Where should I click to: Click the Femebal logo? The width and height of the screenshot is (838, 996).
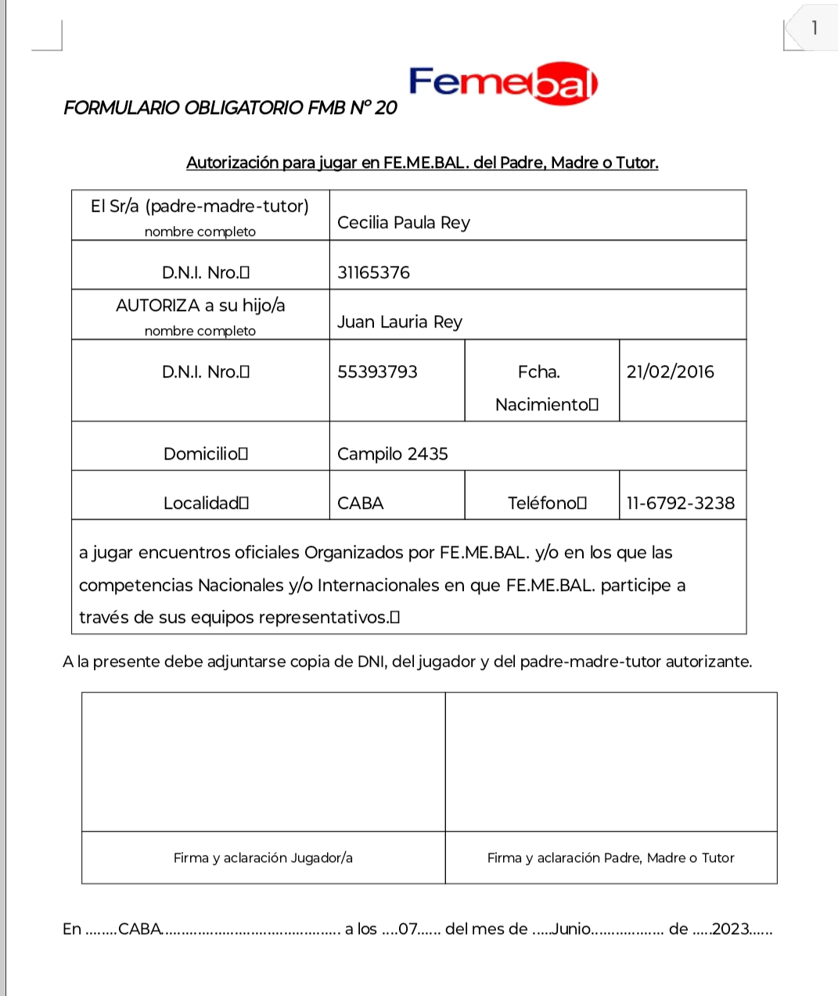(503, 82)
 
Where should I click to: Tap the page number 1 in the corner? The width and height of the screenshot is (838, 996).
(815, 28)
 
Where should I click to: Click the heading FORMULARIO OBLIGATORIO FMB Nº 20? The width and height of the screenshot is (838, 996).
(230, 108)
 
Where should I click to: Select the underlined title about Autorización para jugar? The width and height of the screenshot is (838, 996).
(422, 163)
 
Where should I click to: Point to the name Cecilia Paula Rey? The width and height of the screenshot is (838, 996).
(404, 223)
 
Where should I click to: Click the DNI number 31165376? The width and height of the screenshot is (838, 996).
(373, 273)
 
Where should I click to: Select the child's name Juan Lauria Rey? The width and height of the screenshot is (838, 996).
(400, 322)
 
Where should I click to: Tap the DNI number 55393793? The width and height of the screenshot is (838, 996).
(377, 372)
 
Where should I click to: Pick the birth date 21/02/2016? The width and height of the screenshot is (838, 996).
(670, 372)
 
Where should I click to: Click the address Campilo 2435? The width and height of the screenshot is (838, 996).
(392, 454)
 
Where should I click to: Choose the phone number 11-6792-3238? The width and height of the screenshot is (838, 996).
(680, 503)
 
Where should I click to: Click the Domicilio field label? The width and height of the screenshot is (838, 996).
(205, 454)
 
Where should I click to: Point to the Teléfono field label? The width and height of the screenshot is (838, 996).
(546, 503)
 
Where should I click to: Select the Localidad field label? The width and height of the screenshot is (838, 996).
(205, 503)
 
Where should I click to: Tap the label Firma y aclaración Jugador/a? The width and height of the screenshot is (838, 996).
(263, 858)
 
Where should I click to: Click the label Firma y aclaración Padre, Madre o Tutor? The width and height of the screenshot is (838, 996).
(610, 858)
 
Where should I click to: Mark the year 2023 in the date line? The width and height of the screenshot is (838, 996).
(731, 930)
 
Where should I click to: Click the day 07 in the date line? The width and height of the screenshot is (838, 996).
(408, 930)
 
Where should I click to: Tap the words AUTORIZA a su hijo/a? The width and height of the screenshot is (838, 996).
(200, 306)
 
